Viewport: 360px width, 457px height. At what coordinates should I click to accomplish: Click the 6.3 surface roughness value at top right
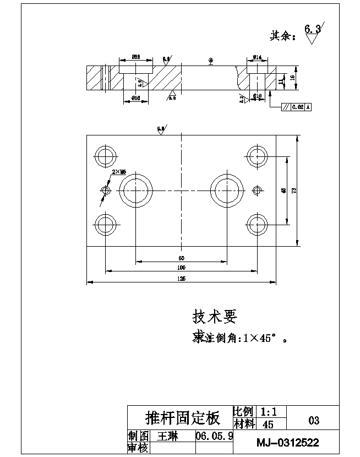click(x=312, y=29)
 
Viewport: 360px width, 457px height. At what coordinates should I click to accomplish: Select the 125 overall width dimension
click(x=181, y=279)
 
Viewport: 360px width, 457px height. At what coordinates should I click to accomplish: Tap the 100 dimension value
click(x=181, y=267)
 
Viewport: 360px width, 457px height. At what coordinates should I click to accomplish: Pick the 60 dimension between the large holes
click(x=181, y=258)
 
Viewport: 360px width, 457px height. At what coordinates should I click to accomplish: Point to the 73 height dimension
click(x=294, y=191)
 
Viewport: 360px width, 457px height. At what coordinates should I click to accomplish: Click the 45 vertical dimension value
click(x=283, y=191)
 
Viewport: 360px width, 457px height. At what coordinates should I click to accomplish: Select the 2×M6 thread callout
click(x=119, y=172)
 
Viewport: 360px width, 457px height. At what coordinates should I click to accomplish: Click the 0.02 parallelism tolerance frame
click(x=296, y=107)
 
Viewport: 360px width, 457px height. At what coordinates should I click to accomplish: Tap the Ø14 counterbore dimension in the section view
click(x=257, y=57)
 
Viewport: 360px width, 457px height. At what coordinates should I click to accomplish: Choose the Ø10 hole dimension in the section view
click(x=257, y=96)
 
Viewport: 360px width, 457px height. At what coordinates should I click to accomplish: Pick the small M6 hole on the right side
click(x=255, y=191)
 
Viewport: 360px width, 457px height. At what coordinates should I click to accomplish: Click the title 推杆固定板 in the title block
click(x=182, y=418)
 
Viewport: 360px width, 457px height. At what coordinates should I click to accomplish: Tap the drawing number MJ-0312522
click(x=288, y=442)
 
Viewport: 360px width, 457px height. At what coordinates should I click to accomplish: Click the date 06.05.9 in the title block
click(x=215, y=436)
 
